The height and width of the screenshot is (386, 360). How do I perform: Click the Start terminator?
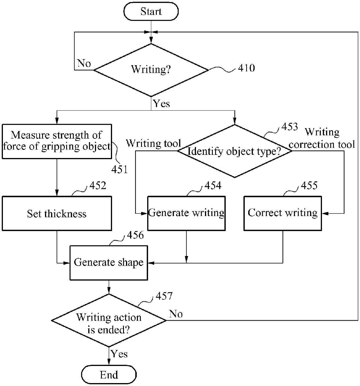pyautogui.click(x=151, y=11)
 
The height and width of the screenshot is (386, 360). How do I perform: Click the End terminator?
pyautogui.click(x=109, y=375)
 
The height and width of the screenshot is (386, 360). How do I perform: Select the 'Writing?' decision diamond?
pyautogui.click(x=151, y=70)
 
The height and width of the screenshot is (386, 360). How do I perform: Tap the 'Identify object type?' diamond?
pyautogui.click(x=235, y=151)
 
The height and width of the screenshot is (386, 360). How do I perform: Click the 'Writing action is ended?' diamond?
pyautogui.click(x=109, y=320)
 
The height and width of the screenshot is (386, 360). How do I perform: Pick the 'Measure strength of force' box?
pyautogui.click(x=57, y=141)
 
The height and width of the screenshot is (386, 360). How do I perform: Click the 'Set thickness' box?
pyautogui.click(x=57, y=213)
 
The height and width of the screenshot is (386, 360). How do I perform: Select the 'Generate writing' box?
pyautogui.click(x=186, y=213)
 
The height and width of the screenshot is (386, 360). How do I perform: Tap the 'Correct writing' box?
pyautogui.click(x=283, y=213)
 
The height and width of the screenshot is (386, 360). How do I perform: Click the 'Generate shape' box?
pyautogui.click(x=109, y=263)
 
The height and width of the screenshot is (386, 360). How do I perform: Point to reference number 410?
pyautogui.click(x=246, y=68)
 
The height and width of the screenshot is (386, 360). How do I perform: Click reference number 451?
pyautogui.click(x=120, y=169)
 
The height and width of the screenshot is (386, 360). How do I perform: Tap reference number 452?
pyautogui.click(x=98, y=185)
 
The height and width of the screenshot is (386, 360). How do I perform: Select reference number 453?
pyautogui.click(x=290, y=127)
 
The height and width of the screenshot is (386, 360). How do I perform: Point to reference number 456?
pyautogui.click(x=135, y=235)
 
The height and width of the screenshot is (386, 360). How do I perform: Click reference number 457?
pyautogui.click(x=164, y=296)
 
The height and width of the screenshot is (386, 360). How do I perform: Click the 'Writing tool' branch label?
pyautogui.click(x=154, y=143)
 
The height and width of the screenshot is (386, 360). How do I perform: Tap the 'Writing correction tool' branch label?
pyautogui.click(x=322, y=138)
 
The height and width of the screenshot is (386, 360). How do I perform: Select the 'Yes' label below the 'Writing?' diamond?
pyautogui.click(x=161, y=104)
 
